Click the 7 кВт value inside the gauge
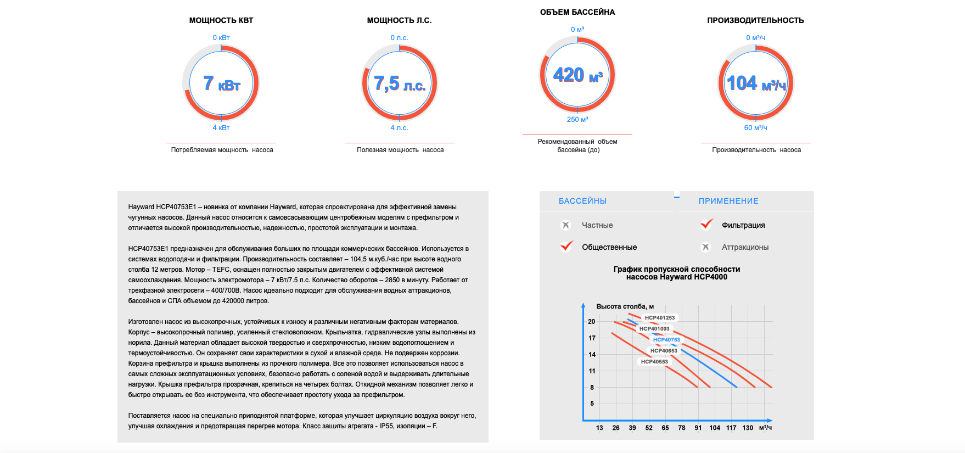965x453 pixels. point(222,83)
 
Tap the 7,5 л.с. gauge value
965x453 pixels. point(400,83)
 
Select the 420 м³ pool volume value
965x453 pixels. point(577,75)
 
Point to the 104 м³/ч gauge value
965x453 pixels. point(756,83)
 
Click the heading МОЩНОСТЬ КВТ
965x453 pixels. point(221,20)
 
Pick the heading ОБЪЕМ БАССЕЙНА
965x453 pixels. point(577,12)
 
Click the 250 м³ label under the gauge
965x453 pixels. point(577,119)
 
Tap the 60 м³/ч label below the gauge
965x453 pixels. point(756,127)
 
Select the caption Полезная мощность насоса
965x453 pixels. point(400,150)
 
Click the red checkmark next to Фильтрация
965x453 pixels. point(706,224)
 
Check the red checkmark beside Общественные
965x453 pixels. point(566,246)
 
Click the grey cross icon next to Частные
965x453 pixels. point(566,225)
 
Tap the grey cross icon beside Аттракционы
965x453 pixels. point(706,247)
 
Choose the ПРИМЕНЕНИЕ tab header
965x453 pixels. point(728,201)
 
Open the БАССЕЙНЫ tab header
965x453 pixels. point(582,201)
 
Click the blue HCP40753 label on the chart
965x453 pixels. point(666,340)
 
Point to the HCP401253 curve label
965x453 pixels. point(660,318)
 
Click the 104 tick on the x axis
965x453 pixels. point(715,428)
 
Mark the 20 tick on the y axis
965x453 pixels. point(592,322)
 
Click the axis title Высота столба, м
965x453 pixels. point(625,306)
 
